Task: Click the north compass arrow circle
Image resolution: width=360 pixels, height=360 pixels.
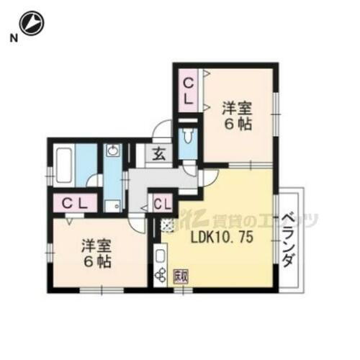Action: [32, 23]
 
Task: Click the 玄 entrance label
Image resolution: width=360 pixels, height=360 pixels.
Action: [158, 154]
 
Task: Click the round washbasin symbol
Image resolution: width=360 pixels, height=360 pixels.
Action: [112, 151]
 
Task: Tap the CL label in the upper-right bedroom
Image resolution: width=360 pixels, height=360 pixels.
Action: [186, 87]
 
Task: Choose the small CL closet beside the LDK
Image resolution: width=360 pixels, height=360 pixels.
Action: [163, 202]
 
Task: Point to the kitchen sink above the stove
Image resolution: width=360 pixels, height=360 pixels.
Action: [160, 255]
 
